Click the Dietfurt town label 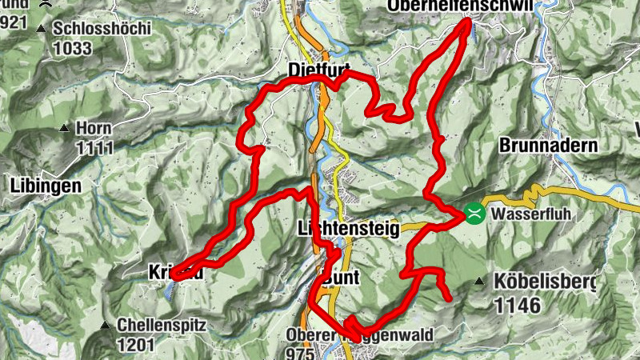[319, 72]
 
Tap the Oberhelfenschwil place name [459, 6]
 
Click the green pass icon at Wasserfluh [474, 213]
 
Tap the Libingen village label [46, 186]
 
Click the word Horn [94, 128]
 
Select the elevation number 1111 [95, 147]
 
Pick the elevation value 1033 [73, 48]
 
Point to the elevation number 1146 [518, 305]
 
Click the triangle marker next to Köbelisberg [479, 282]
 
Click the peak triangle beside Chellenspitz [104, 326]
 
